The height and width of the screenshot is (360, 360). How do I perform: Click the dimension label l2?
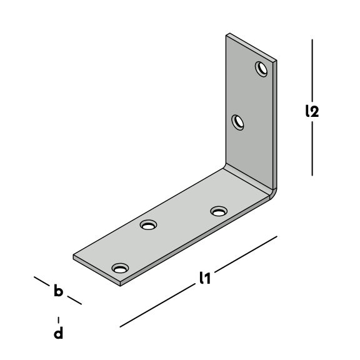(x=312, y=111)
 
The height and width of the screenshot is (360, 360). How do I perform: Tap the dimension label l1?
(x=205, y=277)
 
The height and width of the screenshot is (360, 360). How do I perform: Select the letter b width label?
(x=58, y=291)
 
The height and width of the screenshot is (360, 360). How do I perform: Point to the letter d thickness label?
(x=58, y=332)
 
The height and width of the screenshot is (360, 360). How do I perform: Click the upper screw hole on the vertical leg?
(x=261, y=69)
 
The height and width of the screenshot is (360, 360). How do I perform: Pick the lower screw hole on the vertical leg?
(x=237, y=122)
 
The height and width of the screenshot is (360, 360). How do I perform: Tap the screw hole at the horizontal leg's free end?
(x=120, y=268)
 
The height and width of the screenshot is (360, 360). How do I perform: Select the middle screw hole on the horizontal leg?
(x=148, y=225)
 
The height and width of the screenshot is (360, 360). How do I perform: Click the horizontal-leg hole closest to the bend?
(x=219, y=211)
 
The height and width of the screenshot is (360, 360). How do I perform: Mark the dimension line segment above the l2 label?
(x=312, y=70)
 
